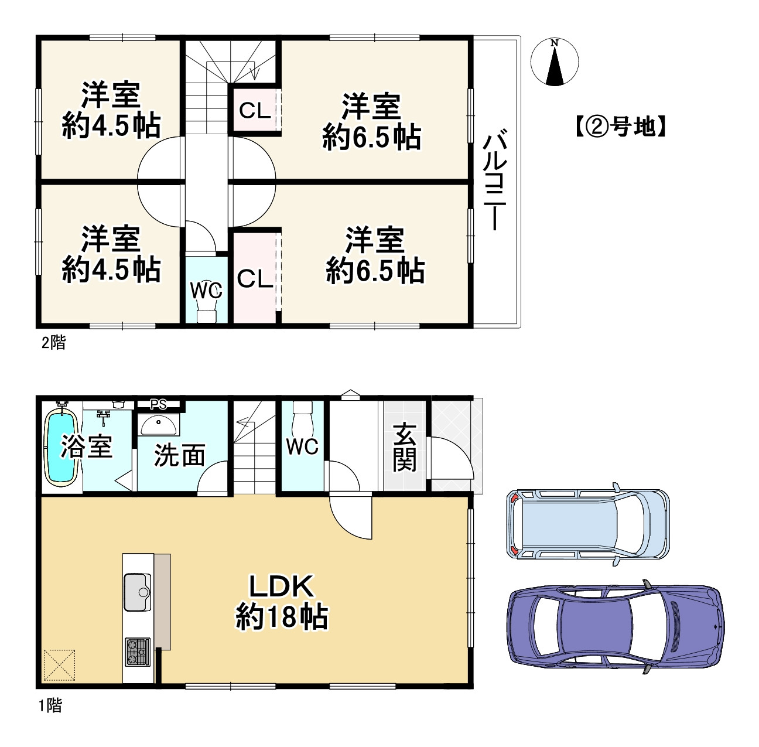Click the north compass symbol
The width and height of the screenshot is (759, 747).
click(x=554, y=62)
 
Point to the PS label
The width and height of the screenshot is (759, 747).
click(x=159, y=404)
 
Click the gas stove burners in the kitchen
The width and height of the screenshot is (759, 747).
click(x=137, y=652)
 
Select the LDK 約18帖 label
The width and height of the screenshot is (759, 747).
click(x=282, y=601)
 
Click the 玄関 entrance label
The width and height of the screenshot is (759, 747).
click(x=405, y=447)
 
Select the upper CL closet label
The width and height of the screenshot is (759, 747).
click(x=255, y=110)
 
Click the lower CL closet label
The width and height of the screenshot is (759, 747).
click(x=255, y=279)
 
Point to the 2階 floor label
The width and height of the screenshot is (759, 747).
click(x=53, y=343)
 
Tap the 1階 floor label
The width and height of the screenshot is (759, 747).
click(x=51, y=706)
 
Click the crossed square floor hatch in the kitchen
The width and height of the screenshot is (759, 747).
click(x=60, y=665)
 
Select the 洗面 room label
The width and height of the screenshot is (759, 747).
click(x=179, y=456)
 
